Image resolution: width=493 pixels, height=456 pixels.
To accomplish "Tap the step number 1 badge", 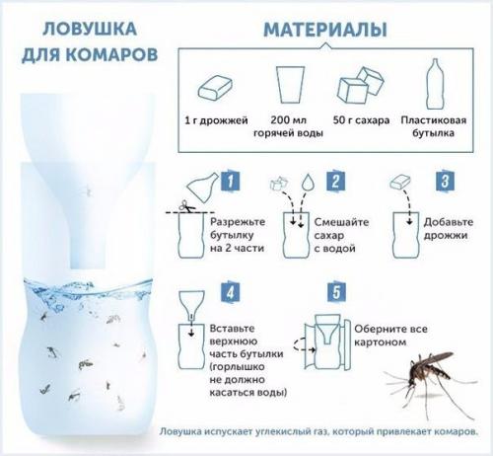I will tap(227, 182).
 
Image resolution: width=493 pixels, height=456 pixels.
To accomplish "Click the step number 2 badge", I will tap(334, 182).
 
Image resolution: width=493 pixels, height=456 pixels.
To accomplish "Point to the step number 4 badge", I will tap(227, 292).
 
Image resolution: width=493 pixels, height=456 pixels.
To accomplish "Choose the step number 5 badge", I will tap(334, 292).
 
